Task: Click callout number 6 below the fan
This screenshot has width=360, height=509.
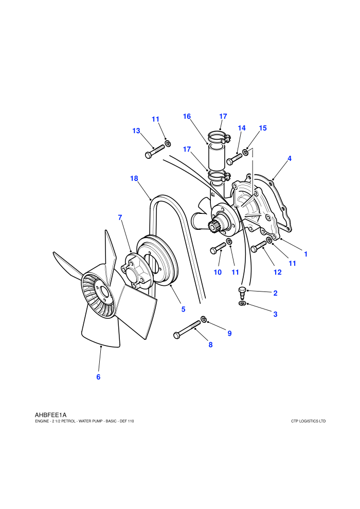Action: [x=98, y=377]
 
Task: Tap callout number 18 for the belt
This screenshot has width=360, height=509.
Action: [x=134, y=178]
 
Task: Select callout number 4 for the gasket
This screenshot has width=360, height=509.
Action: [x=290, y=158]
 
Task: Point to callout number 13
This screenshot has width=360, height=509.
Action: [x=136, y=131]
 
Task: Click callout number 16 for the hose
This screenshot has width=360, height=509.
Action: [x=187, y=117]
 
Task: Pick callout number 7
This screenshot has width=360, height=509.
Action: [x=120, y=217]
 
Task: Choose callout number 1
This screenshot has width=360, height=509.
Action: [x=305, y=254]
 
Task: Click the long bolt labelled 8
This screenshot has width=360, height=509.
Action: [x=187, y=330]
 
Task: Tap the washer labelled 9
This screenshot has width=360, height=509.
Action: [x=204, y=319]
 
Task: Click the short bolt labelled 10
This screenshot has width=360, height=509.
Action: [x=218, y=248]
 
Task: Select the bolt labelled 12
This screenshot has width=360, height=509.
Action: [x=258, y=247]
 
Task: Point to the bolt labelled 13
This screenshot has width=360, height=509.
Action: [x=155, y=152]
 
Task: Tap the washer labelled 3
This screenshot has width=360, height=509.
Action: [x=242, y=303]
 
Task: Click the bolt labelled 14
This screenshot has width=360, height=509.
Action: [x=235, y=158]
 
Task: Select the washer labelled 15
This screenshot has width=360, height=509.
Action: [x=246, y=152]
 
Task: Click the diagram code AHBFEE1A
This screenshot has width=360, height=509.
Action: [x=50, y=415]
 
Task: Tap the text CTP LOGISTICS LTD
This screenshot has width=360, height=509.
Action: [x=308, y=422]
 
